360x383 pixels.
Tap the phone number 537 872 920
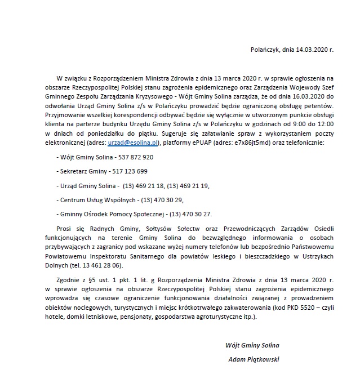(136, 158)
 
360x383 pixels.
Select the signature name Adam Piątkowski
(254, 359)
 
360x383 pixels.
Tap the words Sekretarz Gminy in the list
(81, 171)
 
